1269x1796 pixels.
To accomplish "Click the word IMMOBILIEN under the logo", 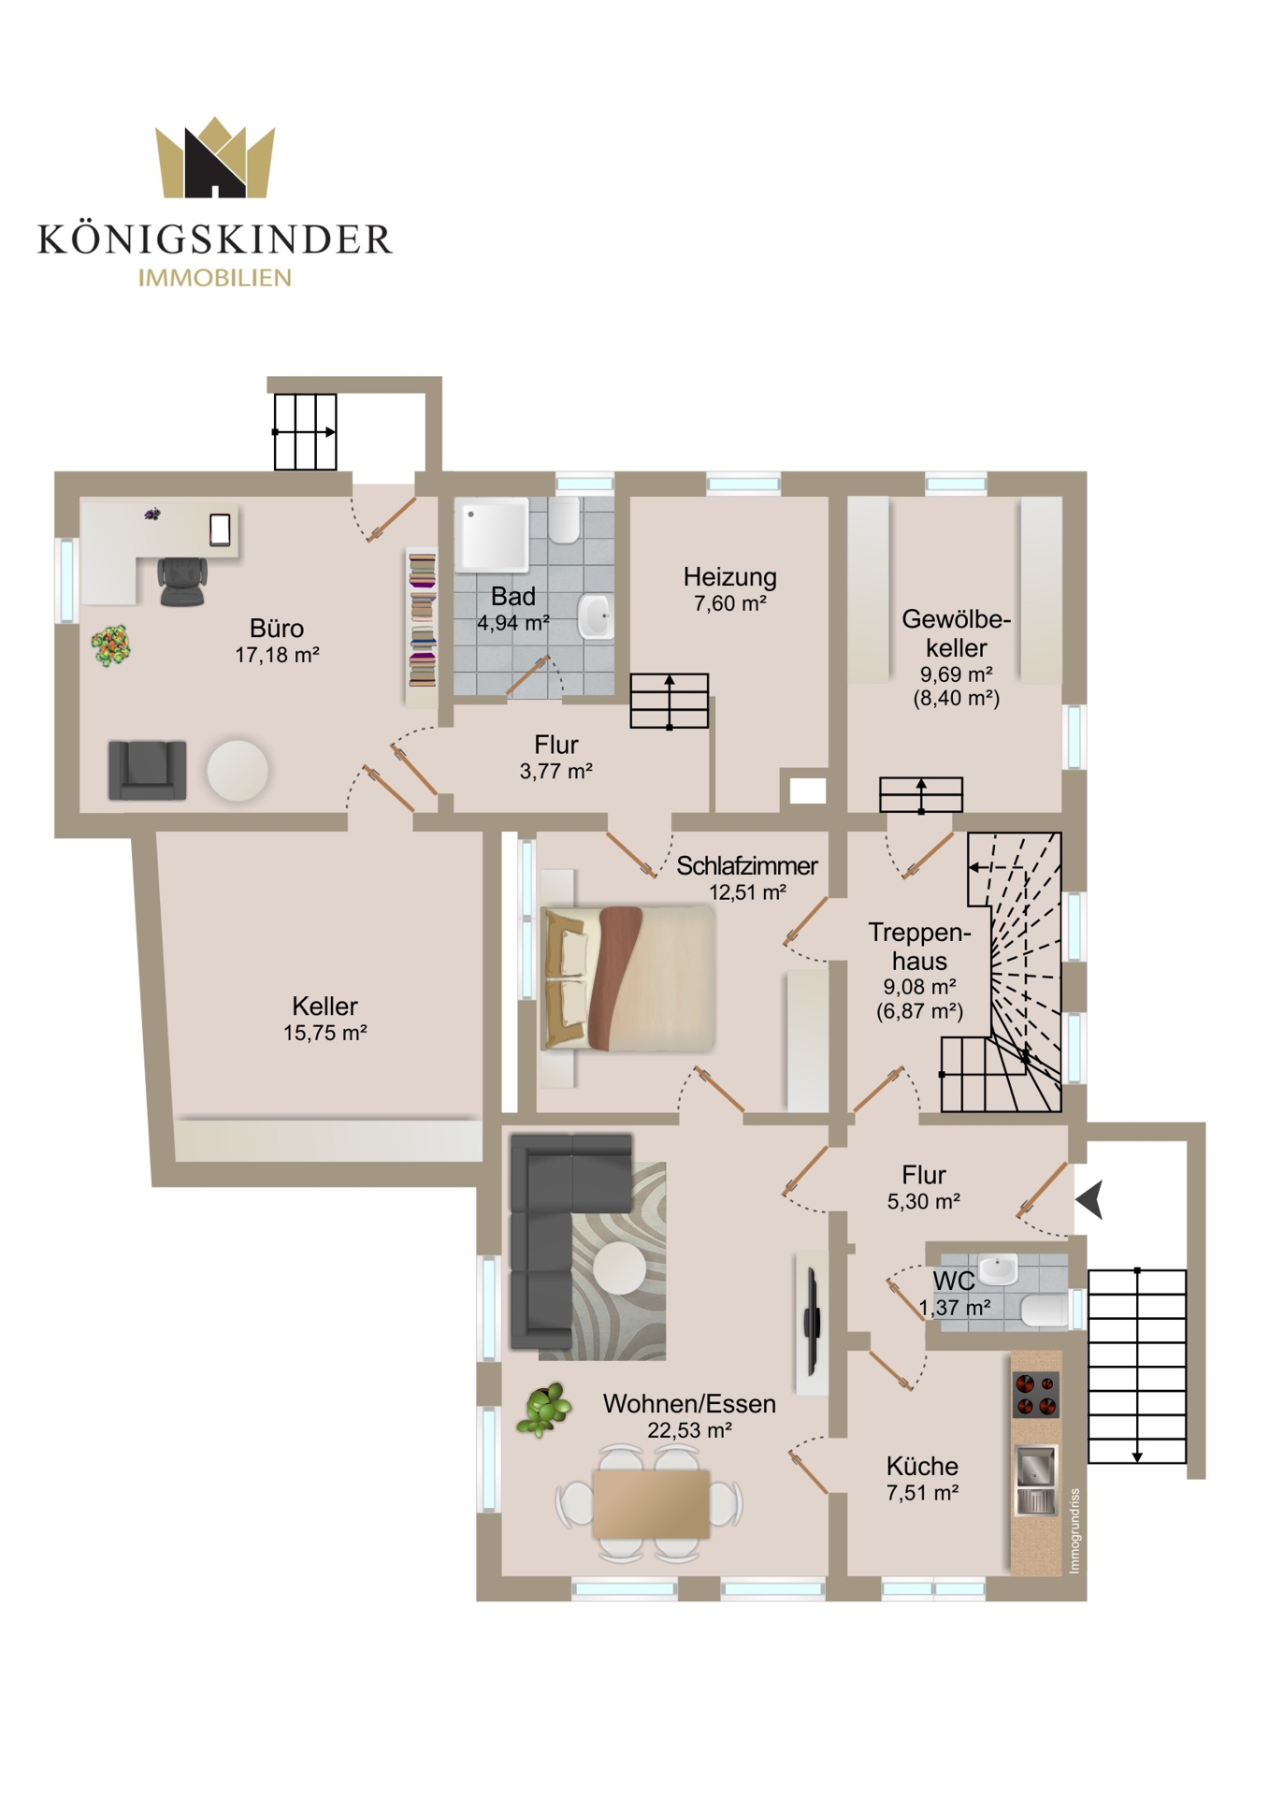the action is [215, 278].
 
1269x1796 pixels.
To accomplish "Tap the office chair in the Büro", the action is [182, 581].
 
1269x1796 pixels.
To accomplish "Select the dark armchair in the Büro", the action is [147, 770].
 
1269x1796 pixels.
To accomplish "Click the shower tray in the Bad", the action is [492, 533].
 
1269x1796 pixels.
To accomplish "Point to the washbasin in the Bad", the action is [596, 616].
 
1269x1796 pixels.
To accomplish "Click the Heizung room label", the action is [729, 577].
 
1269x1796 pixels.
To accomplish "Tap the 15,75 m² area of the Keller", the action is [325, 1033].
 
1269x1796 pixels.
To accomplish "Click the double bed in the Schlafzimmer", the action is [627, 978].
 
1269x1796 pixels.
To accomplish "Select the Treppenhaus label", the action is [919, 947].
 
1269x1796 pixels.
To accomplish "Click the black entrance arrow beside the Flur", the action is [1090, 1199].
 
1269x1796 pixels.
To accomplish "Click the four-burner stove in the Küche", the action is [1036, 1394].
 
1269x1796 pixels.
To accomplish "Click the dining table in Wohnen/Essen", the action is [651, 1504].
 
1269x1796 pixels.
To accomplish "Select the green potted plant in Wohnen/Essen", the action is [544, 1408].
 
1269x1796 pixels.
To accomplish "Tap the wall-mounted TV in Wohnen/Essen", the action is [812, 1322].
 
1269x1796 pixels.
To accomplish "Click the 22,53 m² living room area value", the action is [689, 1430].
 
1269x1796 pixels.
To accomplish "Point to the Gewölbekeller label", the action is [956, 633].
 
